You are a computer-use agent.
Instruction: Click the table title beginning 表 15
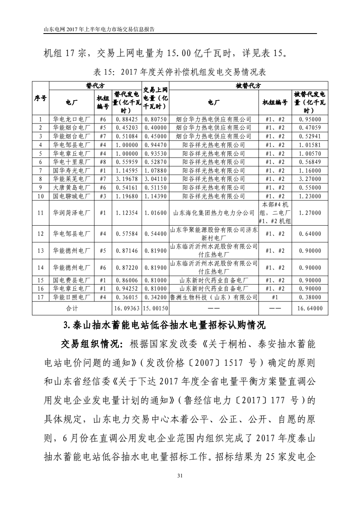pyautogui.click(x=180, y=72)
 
